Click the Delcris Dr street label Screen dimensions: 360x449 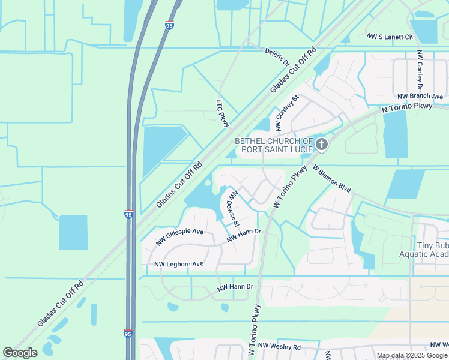277,56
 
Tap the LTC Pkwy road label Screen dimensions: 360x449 223,112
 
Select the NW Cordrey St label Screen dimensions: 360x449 286,113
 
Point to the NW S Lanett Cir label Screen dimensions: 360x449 391,37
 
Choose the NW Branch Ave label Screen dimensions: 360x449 420,97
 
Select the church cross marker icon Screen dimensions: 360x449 322,144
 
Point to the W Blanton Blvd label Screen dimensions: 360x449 331,179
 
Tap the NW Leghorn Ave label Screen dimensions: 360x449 179,264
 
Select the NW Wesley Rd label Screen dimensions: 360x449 277,347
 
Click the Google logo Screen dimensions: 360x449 20,353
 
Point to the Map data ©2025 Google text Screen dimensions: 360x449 411,355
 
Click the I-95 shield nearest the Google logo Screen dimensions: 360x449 128,333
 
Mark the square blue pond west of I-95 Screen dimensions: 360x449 73,232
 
